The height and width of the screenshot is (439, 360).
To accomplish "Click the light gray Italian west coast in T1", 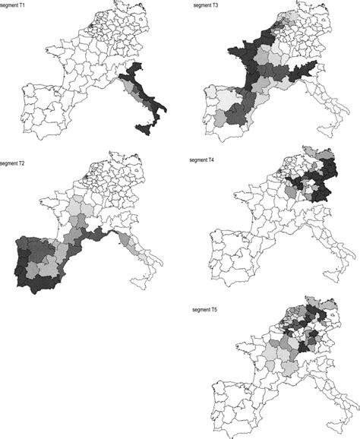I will coord(137,95).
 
